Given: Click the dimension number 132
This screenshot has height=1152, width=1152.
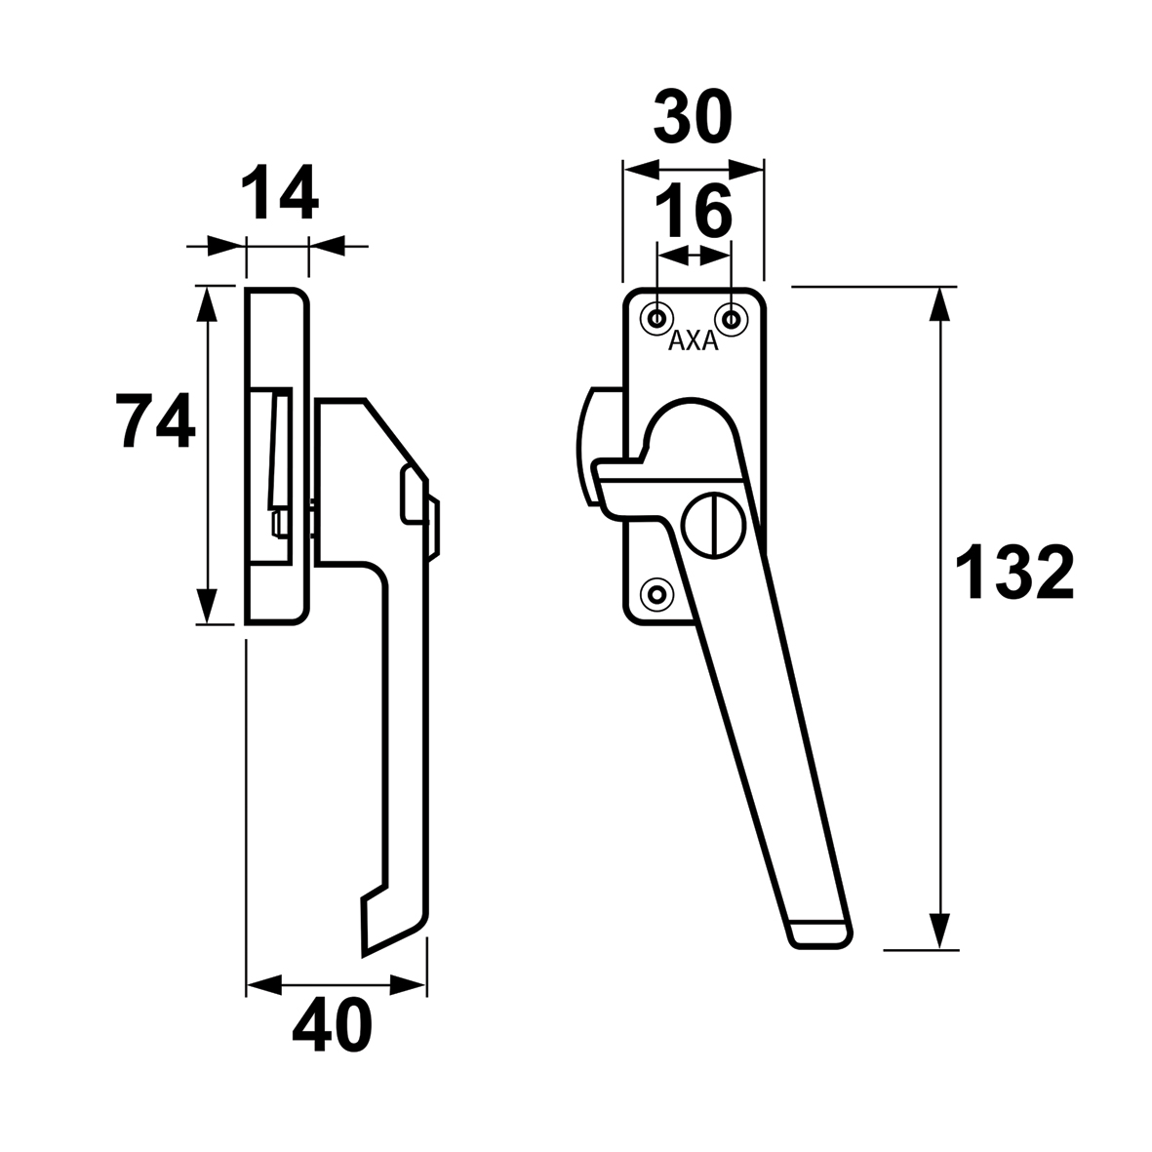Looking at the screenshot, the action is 1014,573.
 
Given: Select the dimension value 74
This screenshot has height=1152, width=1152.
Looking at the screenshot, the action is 156,420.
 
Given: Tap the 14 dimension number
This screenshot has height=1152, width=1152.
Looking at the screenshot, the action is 280,192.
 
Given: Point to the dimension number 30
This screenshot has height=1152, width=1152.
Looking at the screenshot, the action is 693,117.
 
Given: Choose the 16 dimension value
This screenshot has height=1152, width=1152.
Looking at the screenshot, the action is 693,210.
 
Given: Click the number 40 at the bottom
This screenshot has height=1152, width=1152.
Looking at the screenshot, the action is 332,1025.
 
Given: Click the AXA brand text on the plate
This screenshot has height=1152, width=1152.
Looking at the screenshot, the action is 693,341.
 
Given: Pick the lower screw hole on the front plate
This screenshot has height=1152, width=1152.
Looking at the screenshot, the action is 657,594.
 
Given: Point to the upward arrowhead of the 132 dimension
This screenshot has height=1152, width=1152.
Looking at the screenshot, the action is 938,303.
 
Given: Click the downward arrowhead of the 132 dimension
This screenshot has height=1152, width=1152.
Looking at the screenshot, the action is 938,932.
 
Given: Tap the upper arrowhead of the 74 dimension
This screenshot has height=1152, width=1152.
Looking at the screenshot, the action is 209,304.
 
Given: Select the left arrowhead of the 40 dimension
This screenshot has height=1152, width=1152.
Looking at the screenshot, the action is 263,985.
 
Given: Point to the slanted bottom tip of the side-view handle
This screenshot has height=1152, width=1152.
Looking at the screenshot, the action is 364,954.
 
